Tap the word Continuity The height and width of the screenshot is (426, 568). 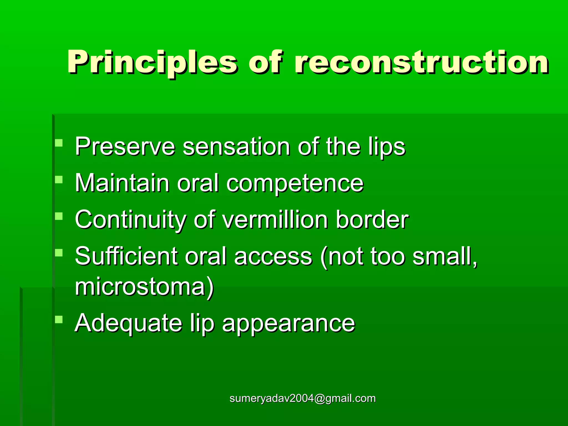(x=130, y=220)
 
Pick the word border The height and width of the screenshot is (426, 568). (x=372, y=220)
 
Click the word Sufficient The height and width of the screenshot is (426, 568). (x=126, y=256)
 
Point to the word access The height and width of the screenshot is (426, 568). (x=273, y=256)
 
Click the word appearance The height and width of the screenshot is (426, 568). (x=288, y=323)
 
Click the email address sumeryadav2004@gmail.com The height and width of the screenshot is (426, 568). (x=303, y=399)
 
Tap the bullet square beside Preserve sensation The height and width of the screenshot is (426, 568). (x=59, y=143)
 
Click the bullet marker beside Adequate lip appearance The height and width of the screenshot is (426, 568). (x=59, y=320)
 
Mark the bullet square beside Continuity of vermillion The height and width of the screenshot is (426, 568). (x=59, y=216)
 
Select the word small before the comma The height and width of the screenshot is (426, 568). (x=443, y=256)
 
